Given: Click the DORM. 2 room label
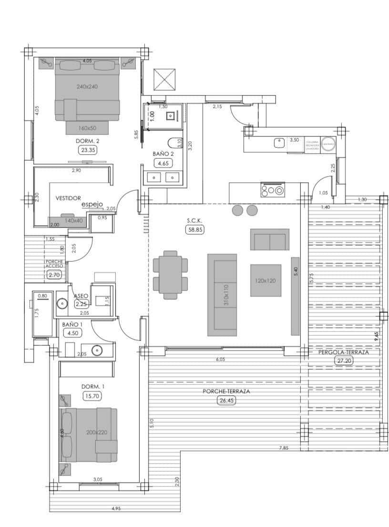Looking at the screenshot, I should (x=87, y=141).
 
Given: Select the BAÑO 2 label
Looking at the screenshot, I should (x=163, y=154).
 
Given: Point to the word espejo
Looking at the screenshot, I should (x=92, y=204).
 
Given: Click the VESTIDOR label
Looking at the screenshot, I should (x=68, y=197).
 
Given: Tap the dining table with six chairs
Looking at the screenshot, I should (x=171, y=275).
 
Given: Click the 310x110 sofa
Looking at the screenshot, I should (x=222, y=295).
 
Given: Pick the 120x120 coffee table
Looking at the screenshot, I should (x=265, y=280).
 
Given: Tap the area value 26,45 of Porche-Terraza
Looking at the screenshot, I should (x=226, y=401).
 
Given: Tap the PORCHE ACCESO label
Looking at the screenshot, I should (x=54, y=264).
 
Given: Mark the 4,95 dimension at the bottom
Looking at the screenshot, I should (x=116, y=509).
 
